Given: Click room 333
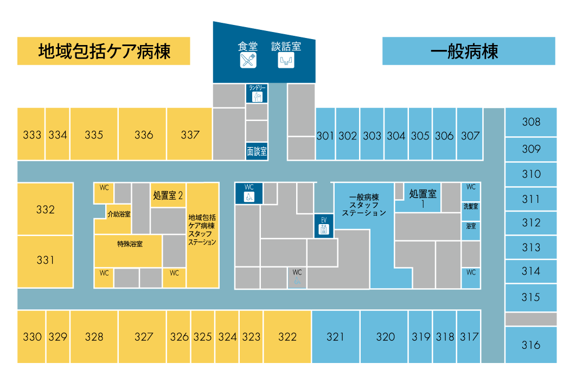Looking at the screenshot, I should pyautogui.click(x=32, y=135).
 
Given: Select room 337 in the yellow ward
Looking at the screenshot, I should pyautogui.click(x=190, y=135).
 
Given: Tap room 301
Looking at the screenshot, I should pyautogui.click(x=325, y=136).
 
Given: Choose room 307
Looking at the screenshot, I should pyautogui.click(x=470, y=136).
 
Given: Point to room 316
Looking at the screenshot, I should pyautogui.click(x=531, y=345).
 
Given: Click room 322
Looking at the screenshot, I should pyautogui.click(x=287, y=337).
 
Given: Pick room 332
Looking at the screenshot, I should pyautogui.click(x=46, y=209).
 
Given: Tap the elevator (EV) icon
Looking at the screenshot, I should pyautogui.click(x=324, y=225).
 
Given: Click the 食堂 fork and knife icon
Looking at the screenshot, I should pyautogui.click(x=248, y=60).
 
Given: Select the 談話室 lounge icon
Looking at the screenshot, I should pyautogui.click(x=286, y=60).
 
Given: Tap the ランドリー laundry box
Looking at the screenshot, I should pyautogui.click(x=257, y=93).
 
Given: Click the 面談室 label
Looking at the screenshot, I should pyautogui.click(x=257, y=151).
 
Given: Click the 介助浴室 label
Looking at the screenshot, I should pyautogui.click(x=119, y=214).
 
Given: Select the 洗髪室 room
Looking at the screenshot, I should pyautogui.click(x=471, y=206).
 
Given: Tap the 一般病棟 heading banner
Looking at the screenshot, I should pyautogui.click(x=469, y=52).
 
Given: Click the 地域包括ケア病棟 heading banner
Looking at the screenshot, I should pyautogui.click(x=104, y=52).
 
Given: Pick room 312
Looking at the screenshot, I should pyautogui.click(x=531, y=222).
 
